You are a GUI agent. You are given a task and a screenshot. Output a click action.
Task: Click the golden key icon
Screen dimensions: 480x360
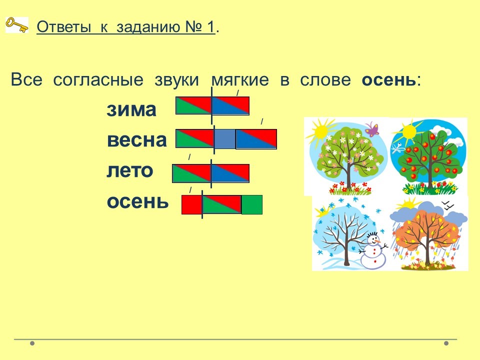pyautogui.click(x=17, y=25)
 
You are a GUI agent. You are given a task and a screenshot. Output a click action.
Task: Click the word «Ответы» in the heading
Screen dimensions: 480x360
pyautogui.click(x=63, y=27)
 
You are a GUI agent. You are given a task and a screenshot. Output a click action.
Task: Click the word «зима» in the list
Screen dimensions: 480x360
pyautogui.click(x=131, y=109)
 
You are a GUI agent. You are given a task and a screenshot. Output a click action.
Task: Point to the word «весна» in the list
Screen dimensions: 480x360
pyautogui.click(x=137, y=140)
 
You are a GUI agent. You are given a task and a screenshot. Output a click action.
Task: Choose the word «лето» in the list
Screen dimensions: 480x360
pyautogui.click(x=130, y=170)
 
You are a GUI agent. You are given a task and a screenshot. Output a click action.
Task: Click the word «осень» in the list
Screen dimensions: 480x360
pyautogui.click(x=137, y=201)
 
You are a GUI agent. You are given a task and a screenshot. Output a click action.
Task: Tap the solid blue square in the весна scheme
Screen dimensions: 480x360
pyautogui.click(x=225, y=139)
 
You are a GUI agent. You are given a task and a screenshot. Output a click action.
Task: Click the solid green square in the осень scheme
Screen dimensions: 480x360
pyautogui.click(x=252, y=205)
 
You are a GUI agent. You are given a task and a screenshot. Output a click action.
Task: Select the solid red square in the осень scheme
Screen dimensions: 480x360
pyautogui.click(x=192, y=205)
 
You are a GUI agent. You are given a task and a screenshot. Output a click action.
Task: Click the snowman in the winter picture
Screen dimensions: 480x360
pyautogui.click(x=373, y=249)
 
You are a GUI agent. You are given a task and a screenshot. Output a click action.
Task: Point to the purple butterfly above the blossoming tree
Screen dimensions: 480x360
pyautogui.click(x=371, y=129)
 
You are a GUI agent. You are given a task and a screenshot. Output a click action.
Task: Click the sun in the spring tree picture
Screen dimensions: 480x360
pyautogui.click(x=320, y=131)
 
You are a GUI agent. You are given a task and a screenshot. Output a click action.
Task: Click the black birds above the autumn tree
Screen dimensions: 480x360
pyautogui.click(x=448, y=205)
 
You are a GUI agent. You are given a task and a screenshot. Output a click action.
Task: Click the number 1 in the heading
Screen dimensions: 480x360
pyautogui.click(x=210, y=27)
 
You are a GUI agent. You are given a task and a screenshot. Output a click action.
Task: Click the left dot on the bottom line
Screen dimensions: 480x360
pyautogui.click(x=32, y=343)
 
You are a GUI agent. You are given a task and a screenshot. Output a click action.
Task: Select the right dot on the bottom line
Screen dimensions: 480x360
pyautogui.click(x=446, y=343)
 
